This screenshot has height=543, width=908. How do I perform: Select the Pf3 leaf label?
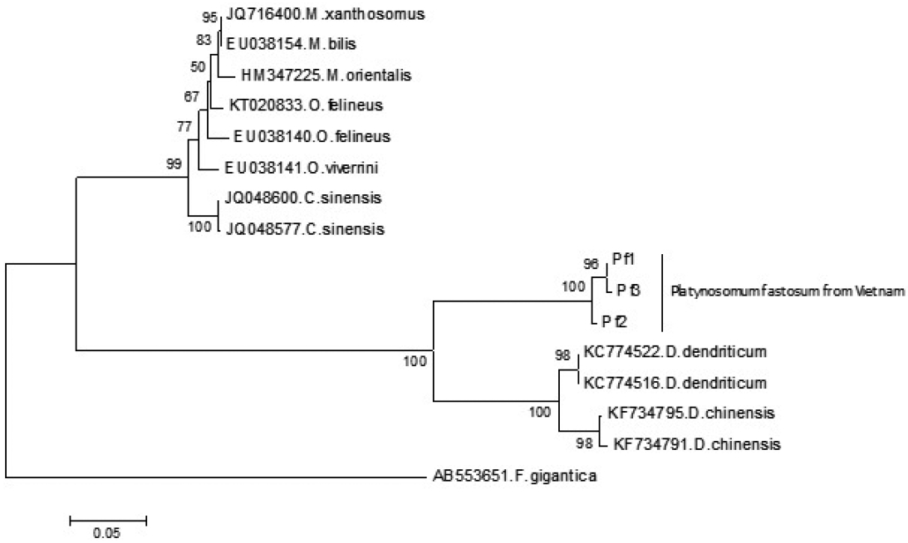pyautogui.click(x=628, y=290)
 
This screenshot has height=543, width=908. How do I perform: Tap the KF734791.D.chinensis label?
pyautogui.click(x=696, y=443)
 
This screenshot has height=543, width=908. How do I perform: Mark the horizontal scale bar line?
pyautogui.click(x=108, y=521)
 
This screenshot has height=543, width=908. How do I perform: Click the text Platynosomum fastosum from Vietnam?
pyautogui.click(x=786, y=291)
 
